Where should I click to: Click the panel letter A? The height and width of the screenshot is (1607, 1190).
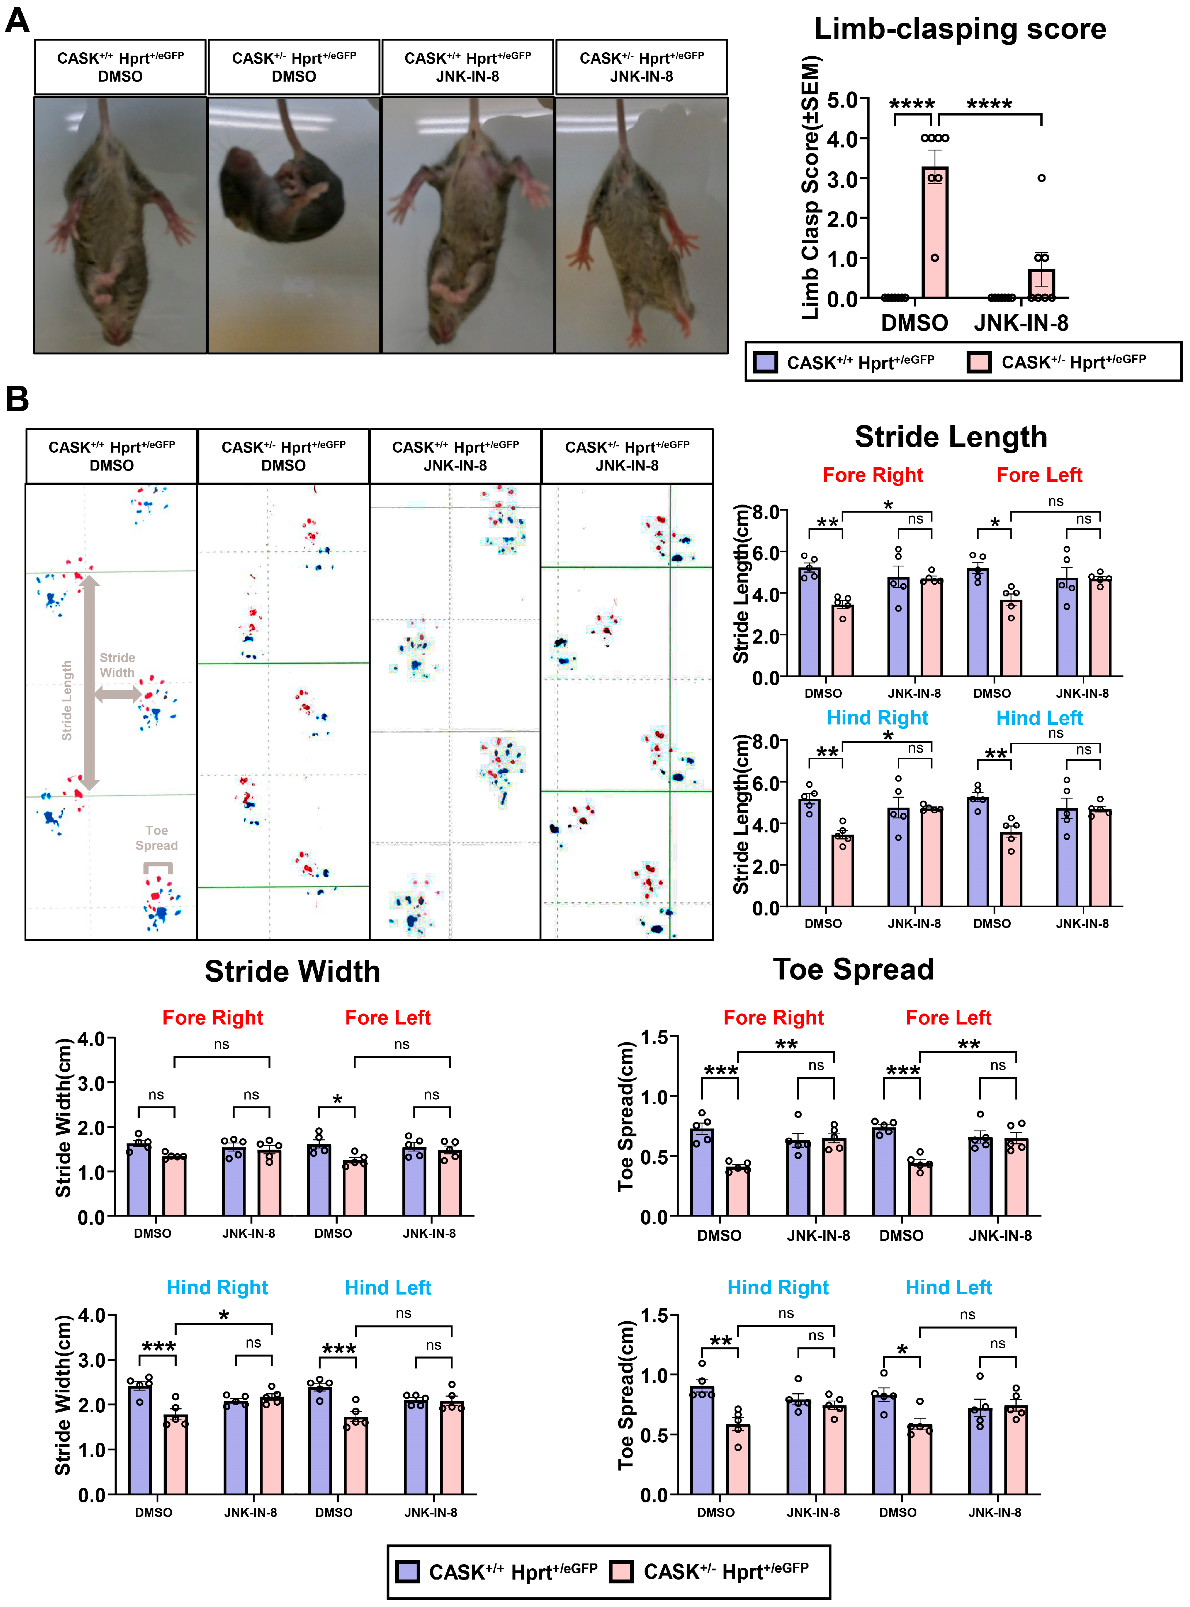click(x=17, y=20)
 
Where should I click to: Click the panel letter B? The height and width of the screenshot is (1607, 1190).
click(x=17, y=398)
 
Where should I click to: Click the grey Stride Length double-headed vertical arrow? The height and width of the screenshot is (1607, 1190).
click(x=89, y=681)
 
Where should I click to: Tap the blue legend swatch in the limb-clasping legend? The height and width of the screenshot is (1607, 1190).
click(x=765, y=362)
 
